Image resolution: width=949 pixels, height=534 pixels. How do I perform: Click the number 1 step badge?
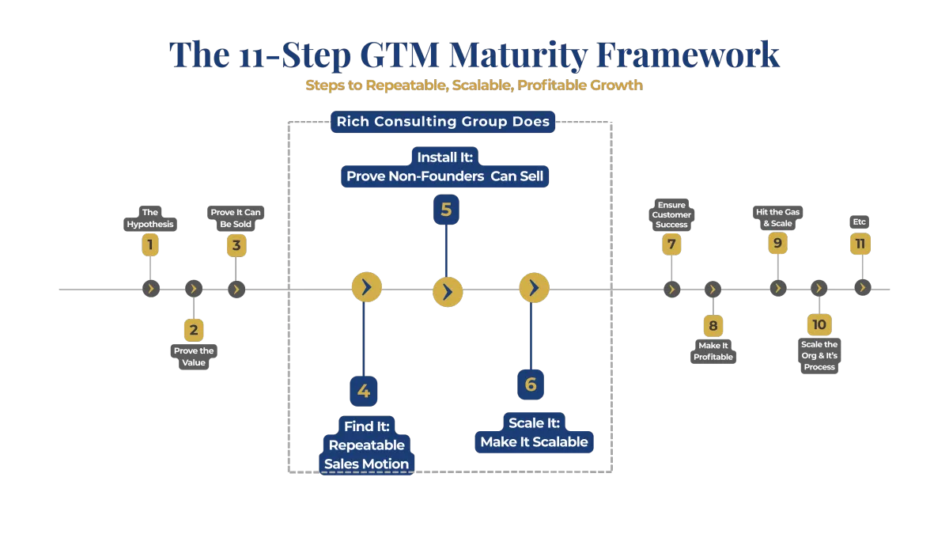(149, 245)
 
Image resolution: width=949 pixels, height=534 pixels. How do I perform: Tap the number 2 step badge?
(193, 329)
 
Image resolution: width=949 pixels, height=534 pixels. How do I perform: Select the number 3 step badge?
(236, 245)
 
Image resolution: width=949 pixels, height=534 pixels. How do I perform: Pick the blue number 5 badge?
(446, 210)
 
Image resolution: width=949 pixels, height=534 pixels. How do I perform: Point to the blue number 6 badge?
(531, 384)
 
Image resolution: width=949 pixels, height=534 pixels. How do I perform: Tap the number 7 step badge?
(671, 245)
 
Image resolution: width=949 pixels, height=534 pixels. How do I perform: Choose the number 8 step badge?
(713, 326)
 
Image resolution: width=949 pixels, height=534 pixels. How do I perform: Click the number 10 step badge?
(819, 324)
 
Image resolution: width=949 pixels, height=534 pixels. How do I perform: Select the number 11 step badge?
(860, 244)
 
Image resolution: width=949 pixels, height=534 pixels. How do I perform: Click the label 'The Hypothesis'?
(149, 218)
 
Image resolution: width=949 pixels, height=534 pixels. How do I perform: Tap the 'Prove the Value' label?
(194, 357)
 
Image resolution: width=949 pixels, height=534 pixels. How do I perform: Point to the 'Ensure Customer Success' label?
(671, 215)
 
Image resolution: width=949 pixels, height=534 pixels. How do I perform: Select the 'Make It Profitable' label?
(713, 351)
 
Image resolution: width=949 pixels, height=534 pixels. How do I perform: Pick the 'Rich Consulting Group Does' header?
(443, 122)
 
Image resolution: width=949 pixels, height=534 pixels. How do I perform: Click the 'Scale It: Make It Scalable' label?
(534, 433)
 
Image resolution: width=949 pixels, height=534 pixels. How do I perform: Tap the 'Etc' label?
(860, 222)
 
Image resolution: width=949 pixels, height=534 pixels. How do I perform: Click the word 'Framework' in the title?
(688, 55)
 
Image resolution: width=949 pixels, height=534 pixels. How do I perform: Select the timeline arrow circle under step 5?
(448, 292)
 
